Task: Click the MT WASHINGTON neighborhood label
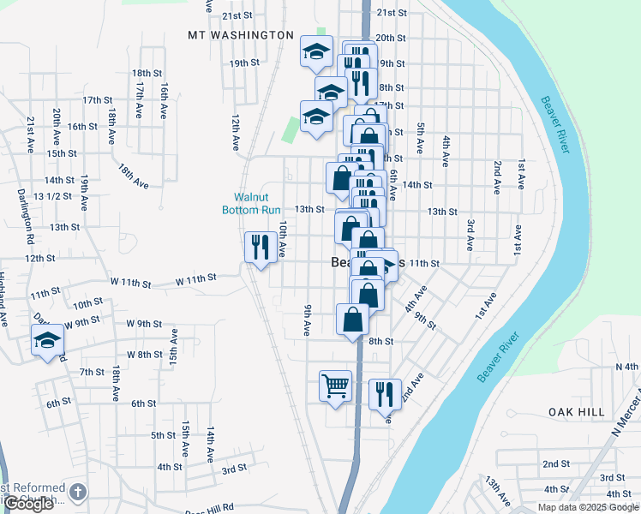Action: (x=241, y=35)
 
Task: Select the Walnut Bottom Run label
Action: (x=251, y=203)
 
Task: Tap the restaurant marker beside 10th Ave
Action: (x=259, y=247)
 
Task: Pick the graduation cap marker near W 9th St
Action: (x=46, y=341)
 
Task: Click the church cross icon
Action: (x=78, y=492)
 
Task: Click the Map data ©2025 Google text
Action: (x=587, y=507)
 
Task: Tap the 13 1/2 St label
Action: (x=51, y=196)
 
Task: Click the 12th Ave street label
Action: (x=234, y=131)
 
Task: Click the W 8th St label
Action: (x=144, y=354)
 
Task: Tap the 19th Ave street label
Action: (x=85, y=194)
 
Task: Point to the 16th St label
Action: (x=82, y=126)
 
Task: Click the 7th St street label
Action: (x=92, y=372)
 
